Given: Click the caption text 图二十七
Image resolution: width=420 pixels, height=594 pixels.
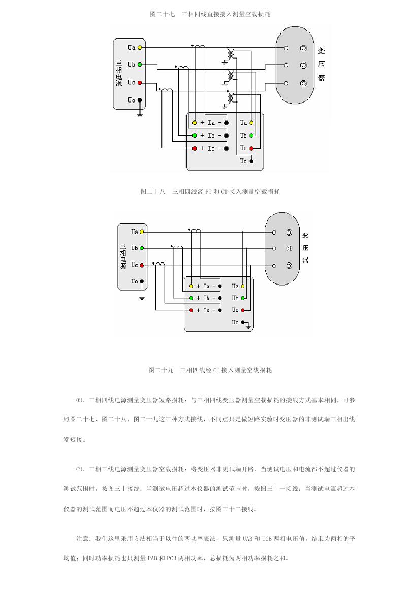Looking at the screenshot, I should [162, 14].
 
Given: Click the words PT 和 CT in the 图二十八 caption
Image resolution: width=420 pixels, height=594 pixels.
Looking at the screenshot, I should [216, 192].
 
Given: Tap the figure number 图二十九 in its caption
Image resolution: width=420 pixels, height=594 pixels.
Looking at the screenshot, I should [161, 370].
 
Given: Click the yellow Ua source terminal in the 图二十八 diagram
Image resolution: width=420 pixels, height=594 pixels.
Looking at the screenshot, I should [140, 48].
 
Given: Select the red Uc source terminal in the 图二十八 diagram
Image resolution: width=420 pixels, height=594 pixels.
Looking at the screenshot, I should [140, 83].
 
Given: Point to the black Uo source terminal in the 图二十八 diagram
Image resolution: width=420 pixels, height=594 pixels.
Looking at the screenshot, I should [140, 101].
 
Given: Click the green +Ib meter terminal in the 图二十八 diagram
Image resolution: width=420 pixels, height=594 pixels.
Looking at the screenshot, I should [195, 136].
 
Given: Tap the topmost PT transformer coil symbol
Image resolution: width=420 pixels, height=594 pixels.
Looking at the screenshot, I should [232, 53].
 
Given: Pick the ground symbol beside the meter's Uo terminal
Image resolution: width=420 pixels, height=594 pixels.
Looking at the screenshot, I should [249, 325].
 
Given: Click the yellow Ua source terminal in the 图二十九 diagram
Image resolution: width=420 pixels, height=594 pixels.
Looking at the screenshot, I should [142, 232].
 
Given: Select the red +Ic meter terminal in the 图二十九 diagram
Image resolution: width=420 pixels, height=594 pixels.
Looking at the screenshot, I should [191, 310].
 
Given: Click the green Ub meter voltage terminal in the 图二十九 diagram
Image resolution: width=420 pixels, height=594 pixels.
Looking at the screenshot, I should [243, 298].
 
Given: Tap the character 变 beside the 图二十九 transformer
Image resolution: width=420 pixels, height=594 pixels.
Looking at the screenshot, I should [305, 235].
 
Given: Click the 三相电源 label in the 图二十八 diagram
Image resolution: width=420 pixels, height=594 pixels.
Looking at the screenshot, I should [119, 74].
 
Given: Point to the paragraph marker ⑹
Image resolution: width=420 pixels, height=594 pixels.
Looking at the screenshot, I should [79, 400].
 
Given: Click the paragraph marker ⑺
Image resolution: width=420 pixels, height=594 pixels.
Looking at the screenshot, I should [79, 469].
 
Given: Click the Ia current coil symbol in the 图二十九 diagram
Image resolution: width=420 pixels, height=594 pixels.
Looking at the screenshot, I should [197, 232].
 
